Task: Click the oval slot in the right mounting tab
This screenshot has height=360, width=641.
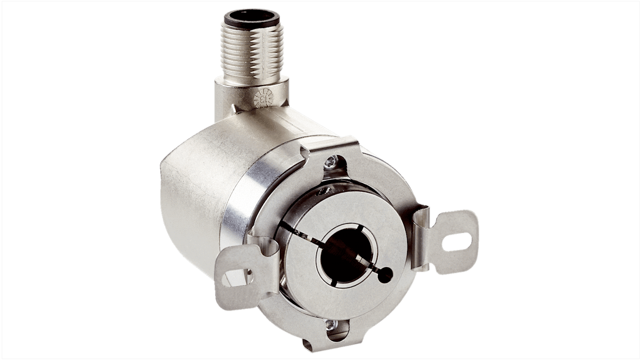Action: pos(456,242)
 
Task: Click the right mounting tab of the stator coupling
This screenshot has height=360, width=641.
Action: pos(454,241)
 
